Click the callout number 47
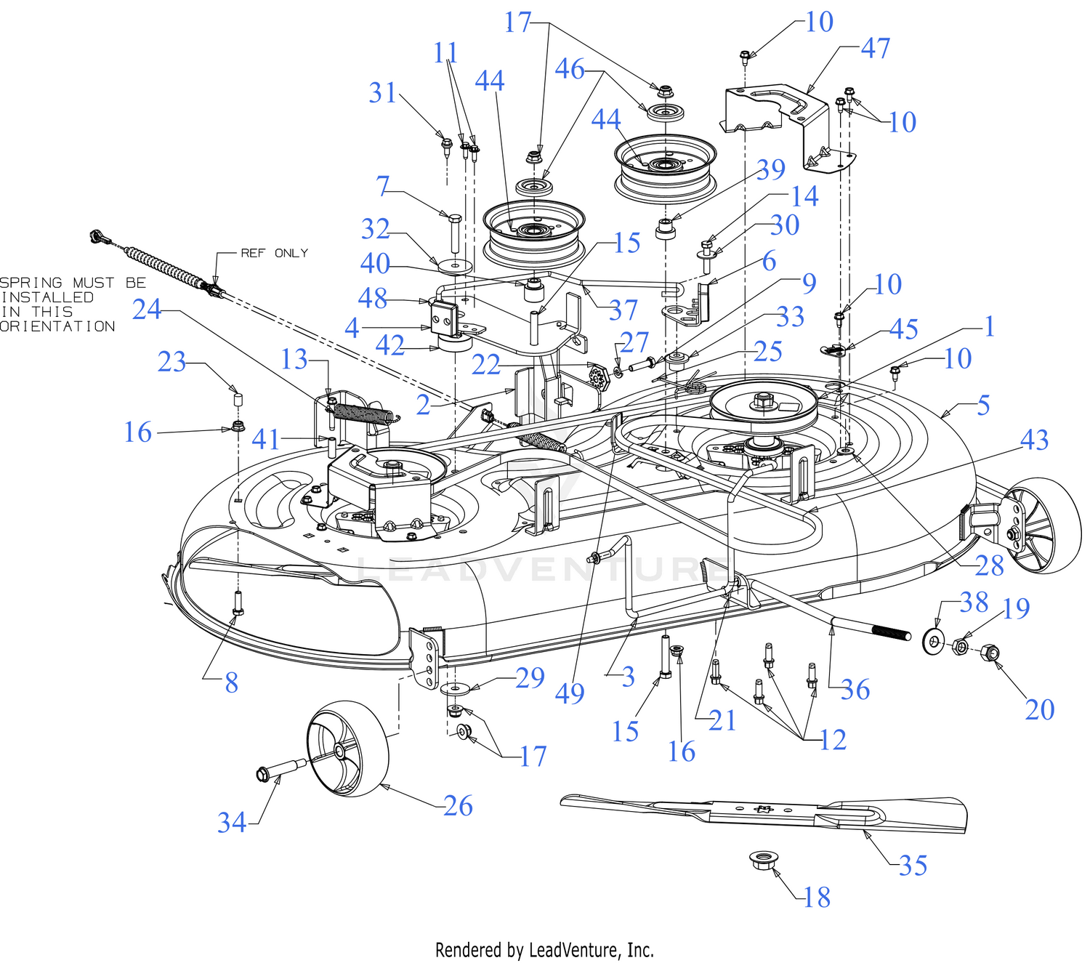(876, 48)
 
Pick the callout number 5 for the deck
(984, 406)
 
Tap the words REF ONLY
(275, 253)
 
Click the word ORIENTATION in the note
(57, 326)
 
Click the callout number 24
(147, 310)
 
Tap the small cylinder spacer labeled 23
(238, 400)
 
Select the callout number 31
(382, 92)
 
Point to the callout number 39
(771, 169)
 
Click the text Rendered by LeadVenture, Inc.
(544, 949)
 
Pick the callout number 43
(1034, 440)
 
